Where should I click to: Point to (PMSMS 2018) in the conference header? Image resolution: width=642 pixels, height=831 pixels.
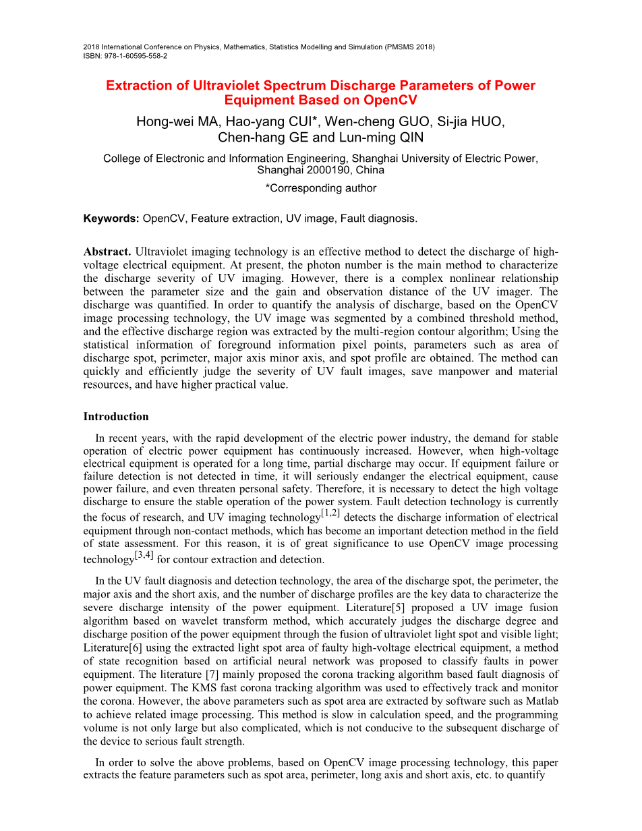pyautogui.click(x=409, y=47)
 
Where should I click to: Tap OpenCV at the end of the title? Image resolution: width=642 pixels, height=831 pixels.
pyautogui.click(x=390, y=101)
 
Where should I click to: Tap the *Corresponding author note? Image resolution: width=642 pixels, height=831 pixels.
pyautogui.click(x=321, y=188)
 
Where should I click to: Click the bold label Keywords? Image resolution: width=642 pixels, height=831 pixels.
pyautogui.click(x=111, y=218)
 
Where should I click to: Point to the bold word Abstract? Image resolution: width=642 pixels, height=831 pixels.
pyautogui.click(x=107, y=252)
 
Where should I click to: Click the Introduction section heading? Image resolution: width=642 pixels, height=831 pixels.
pyautogui.click(x=116, y=416)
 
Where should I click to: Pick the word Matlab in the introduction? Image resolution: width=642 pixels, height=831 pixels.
pyautogui.click(x=544, y=701)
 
